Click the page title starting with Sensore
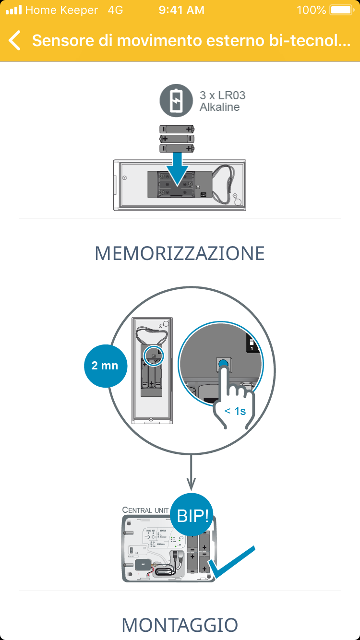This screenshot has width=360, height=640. (x=191, y=40)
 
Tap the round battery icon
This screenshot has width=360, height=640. (x=176, y=100)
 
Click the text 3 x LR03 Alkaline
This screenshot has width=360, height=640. (x=222, y=101)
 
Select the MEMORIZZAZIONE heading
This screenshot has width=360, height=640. (x=180, y=253)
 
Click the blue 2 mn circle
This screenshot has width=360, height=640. (x=105, y=366)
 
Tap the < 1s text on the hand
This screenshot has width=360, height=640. (x=235, y=411)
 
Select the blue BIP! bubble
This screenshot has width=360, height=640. (x=193, y=515)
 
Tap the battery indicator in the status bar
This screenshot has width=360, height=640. (x=341, y=10)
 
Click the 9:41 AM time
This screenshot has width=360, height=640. (x=181, y=10)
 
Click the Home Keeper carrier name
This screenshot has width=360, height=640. (x=61, y=10)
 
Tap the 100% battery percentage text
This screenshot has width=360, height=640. (x=311, y=10)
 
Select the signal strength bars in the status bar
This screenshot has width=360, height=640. (x=13, y=10)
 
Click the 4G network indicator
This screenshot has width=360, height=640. (x=116, y=10)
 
